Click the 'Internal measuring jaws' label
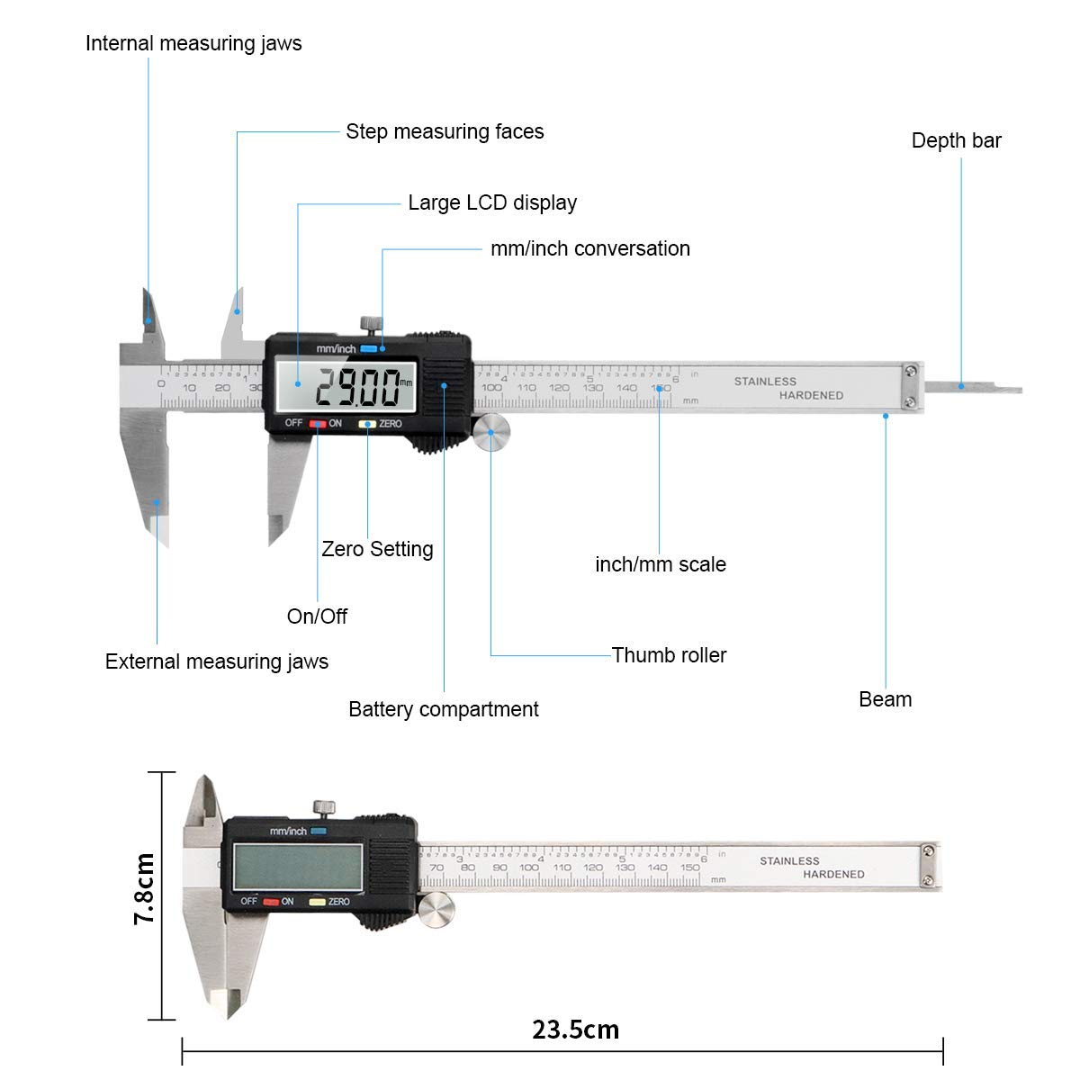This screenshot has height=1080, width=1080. (193, 43)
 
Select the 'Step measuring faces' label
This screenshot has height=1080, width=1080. (445, 131)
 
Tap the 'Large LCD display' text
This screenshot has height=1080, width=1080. (492, 202)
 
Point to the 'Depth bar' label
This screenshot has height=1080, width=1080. (956, 140)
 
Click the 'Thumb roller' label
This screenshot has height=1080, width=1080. (669, 655)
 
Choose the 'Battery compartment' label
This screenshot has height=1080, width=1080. (443, 709)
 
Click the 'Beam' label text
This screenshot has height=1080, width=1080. (885, 699)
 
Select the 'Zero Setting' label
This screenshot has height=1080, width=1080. (377, 549)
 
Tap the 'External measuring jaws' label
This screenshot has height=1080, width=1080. (217, 661)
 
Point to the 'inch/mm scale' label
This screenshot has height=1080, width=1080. (661, 564)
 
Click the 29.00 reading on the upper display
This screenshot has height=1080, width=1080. (356, 389)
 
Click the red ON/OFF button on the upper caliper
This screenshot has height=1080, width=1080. (317, 424)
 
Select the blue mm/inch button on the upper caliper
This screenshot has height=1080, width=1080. (368, 349)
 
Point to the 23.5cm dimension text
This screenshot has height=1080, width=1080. (575, 1030)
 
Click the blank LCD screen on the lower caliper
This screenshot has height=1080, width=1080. (297, 866)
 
